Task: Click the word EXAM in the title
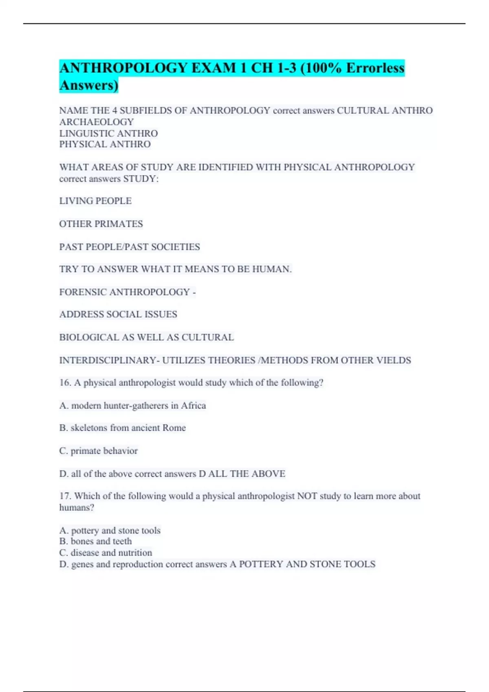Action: pos(214,68)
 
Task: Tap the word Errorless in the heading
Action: pos(375,68)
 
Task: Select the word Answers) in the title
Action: pos(89,85)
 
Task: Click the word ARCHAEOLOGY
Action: pos(97,122)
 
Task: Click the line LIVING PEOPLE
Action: pos(95,201)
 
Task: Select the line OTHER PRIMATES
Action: pos(101,224)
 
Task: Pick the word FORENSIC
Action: pos(83,292)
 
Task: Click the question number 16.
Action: pos(65,383)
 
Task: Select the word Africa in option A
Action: pos(193,405)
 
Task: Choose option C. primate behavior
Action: pos(99,451)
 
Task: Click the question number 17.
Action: pos(65,496)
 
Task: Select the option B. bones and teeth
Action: pos(96,541)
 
